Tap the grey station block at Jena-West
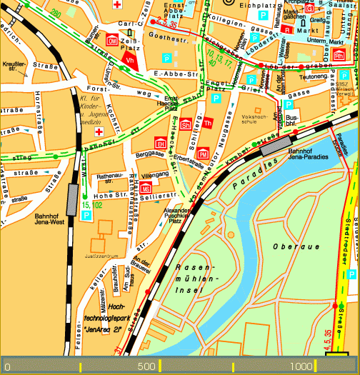(x=72, y=199)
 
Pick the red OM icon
(x=111, y=41)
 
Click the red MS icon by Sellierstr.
(x=145, y=188)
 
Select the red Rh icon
(x=339, y=55)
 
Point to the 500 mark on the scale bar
(x=146, y=366)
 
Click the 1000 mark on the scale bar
(x=302, y=366)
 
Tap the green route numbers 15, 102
(x=93, y=206)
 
